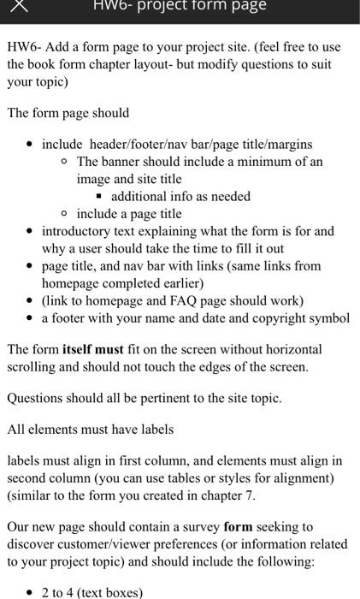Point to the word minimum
pos(271,161)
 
